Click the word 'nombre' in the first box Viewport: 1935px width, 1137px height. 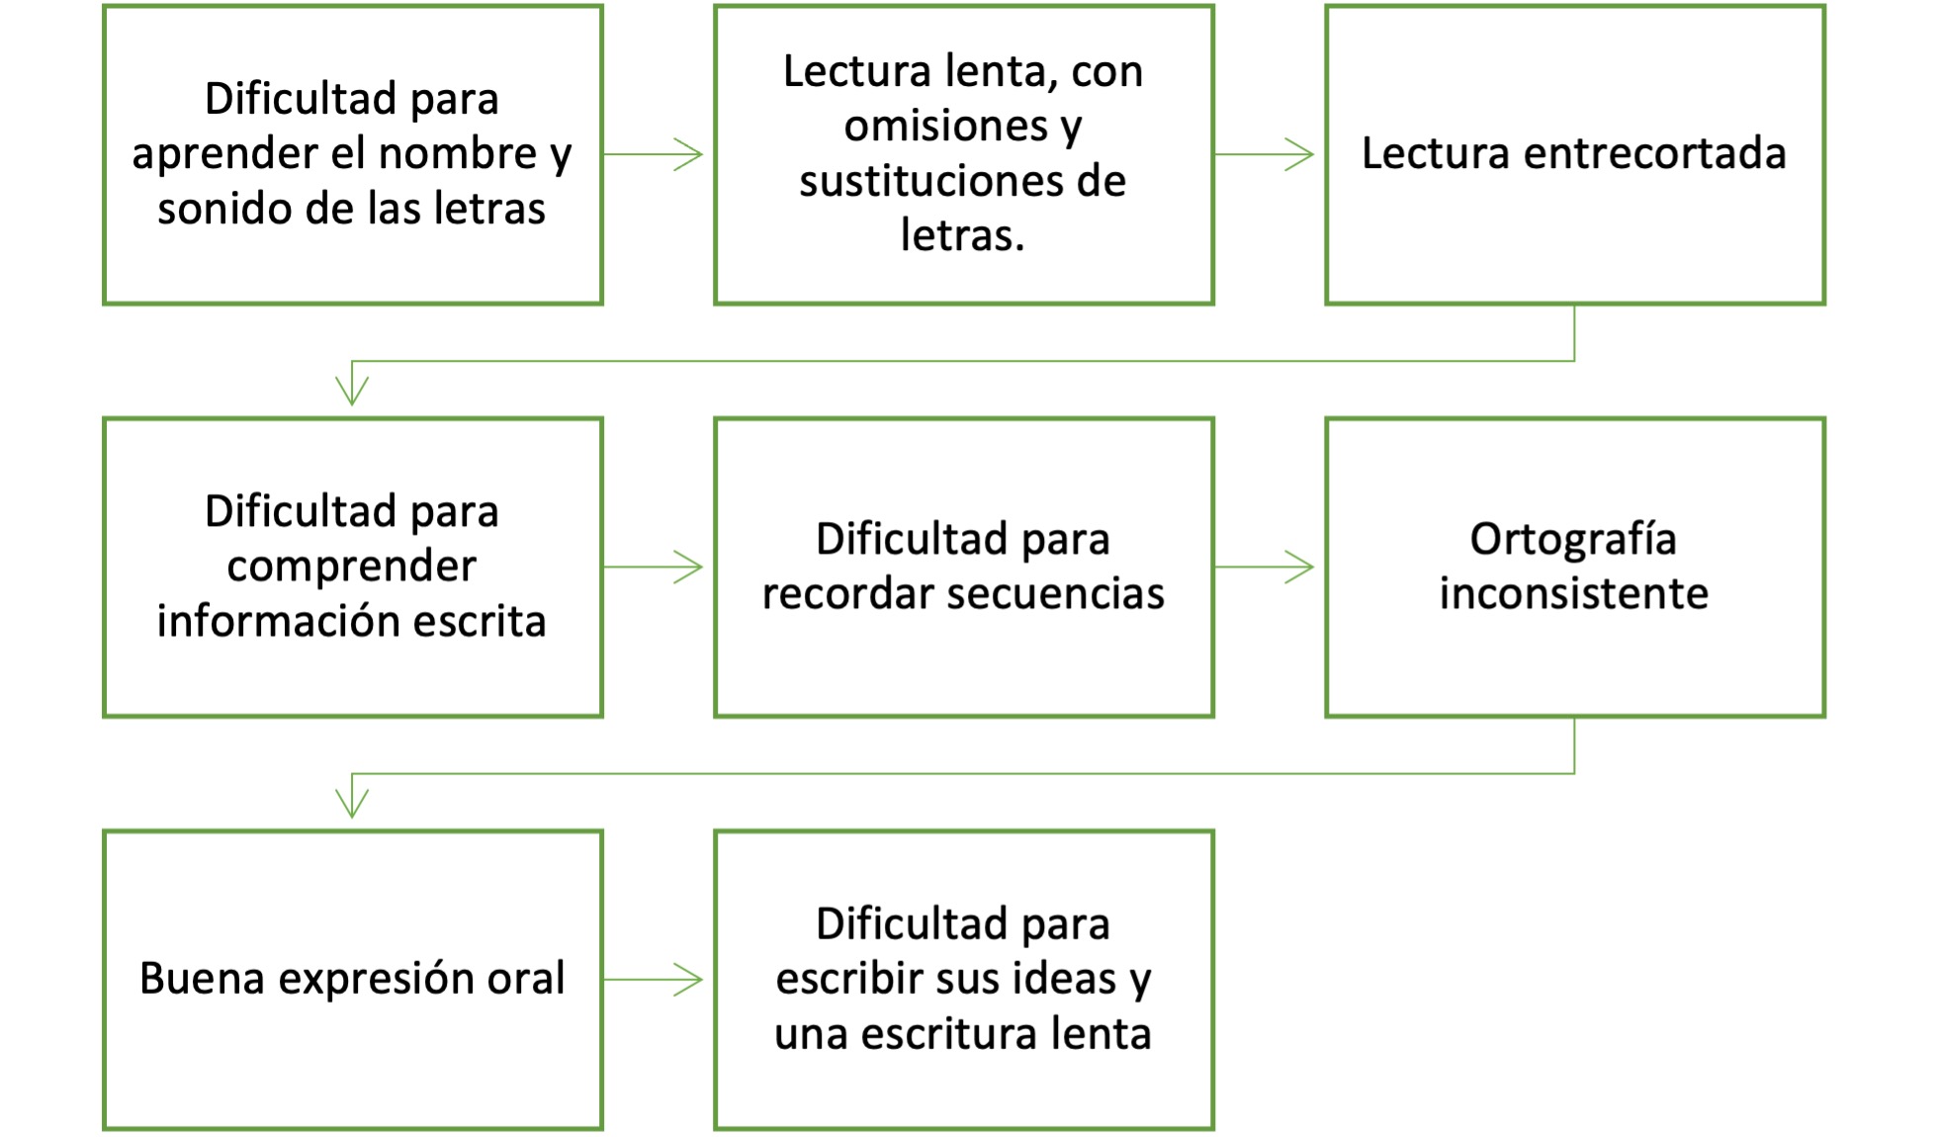click(x=457, y=154)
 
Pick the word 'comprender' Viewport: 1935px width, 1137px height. click(x=351, y=567)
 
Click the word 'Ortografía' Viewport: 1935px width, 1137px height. click(x=1572, y=540)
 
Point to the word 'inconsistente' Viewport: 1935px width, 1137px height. click(x=1572, y=594)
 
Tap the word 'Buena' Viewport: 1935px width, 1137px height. click(x=202, y=979)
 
